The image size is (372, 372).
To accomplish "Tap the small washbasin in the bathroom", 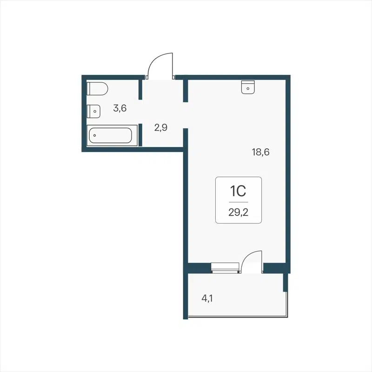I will [x=94, y=111].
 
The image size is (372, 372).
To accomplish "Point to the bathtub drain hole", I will [x=94, y=136].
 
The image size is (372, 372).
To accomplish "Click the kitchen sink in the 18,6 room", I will [x=248, y=87].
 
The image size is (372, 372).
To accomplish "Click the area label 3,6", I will [x=120, y=108].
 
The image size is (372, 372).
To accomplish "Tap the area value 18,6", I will [x=261, y=152].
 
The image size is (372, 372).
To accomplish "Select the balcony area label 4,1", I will [x=208, y=299].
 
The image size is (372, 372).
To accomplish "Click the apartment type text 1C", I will [x=238, y=191].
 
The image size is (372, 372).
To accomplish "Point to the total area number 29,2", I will [x=238, y=213].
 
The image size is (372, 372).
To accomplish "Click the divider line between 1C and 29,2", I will [x=238, y=202].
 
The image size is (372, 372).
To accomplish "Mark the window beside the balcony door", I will [x=225, y=267].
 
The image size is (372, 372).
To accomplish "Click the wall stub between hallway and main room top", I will [x=185, y=90].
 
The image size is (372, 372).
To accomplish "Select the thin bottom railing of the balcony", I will [x=237, y=318].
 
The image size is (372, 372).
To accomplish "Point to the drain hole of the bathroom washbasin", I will [x=94, y=111].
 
